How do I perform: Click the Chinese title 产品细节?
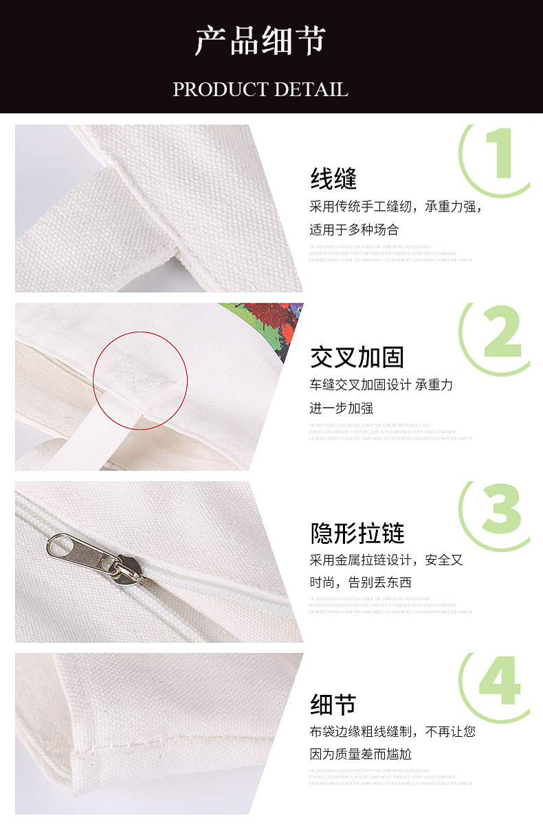(x=260, y=42)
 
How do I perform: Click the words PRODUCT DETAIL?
(x=260, y=89)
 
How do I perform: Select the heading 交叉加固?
(x=357, y=357)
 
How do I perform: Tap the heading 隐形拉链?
(x=357, y=533)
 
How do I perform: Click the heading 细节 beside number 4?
(x=333, y=705)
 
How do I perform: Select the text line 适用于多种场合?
(x=353, y=230)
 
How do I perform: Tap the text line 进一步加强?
(x=341, y=408)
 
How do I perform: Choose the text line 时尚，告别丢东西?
(x=359, y=583)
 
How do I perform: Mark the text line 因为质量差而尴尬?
(x=360, y=755)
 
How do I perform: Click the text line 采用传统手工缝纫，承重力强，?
(x=396, y=207)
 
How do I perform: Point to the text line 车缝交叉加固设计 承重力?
(x=381, y=385)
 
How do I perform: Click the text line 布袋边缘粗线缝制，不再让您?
(x=392, y=732)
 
